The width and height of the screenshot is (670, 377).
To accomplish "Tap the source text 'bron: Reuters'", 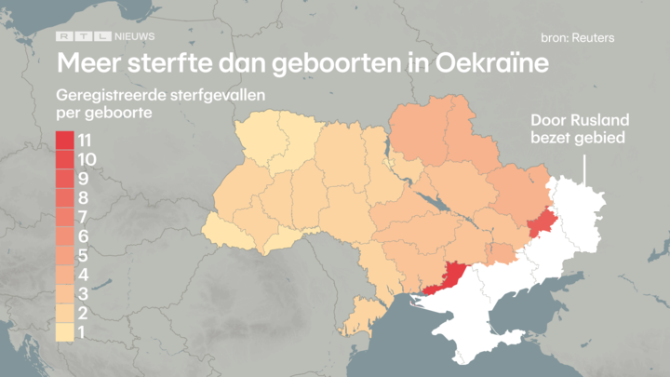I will [x=577, y=38].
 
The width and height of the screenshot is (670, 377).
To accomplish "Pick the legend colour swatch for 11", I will [x=66, y=141].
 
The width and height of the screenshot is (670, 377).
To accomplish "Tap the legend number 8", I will [x=84, y=198].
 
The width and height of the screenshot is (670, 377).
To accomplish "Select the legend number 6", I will [x=84, y=236].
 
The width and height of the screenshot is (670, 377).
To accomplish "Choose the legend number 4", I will [x=84, y=276].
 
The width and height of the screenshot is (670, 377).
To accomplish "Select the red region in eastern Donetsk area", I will [x=539, y=223].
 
